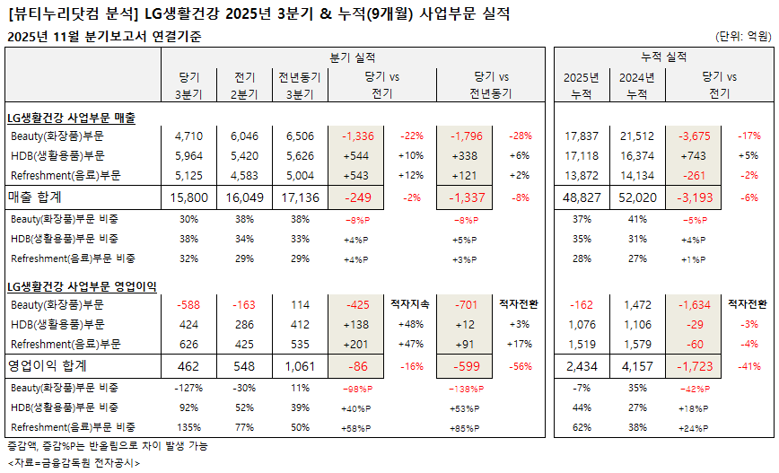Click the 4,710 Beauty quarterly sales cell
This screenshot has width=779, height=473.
point(189,136)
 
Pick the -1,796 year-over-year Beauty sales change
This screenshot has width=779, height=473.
point(466,136)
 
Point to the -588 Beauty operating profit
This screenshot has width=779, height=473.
point(189,304)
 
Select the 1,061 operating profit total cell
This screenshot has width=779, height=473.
point(297,366)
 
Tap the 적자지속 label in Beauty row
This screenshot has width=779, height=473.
point(412,304)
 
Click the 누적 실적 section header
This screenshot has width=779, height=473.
point(664,57)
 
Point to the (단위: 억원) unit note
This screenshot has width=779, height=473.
point(743,37)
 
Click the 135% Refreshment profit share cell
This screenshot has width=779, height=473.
point(189,427)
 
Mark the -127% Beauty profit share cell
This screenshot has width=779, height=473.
point(189,387)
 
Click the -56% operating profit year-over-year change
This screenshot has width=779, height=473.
point(521,366)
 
